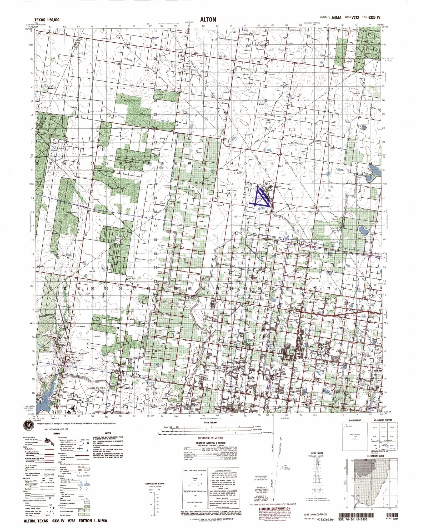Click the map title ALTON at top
coord(208,19)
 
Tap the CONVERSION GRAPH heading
coord(155,484)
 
